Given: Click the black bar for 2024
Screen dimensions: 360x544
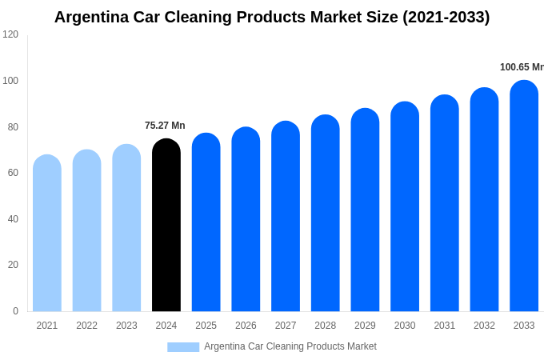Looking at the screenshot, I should tap(166, 226).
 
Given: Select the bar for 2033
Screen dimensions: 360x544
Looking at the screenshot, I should tap(524, 196).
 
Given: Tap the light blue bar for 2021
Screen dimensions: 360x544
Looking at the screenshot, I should tap(47, 234).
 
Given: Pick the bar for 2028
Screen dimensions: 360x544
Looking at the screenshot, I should tap(326, 214).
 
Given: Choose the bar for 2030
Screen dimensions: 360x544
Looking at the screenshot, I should tap(405, 206).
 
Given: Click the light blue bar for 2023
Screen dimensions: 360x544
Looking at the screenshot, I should tap(126, 228).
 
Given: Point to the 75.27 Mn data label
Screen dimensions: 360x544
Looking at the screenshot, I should tap(165, 126).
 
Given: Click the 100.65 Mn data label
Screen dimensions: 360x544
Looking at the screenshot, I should tap(522, 67).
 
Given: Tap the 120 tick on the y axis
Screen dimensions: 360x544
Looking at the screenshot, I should tap(10, 34).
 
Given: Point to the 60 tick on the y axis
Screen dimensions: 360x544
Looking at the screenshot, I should tap(13, 173).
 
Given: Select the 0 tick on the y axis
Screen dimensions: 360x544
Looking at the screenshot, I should tap(15, 311).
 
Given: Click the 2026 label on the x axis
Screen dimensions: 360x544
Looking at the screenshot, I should tap(246, 326).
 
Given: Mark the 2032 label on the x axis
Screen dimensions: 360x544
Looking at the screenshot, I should tap(484, 326).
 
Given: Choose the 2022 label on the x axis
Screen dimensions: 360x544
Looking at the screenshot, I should tap(86, 326).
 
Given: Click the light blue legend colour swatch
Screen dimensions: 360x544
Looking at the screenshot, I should tap(183, 347).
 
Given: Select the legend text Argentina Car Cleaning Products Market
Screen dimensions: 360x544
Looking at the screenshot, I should tap(290, 346).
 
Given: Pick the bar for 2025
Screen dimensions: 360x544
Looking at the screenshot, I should tap(206, 222).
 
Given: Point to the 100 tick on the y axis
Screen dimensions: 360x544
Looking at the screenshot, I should tap(10, 81).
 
